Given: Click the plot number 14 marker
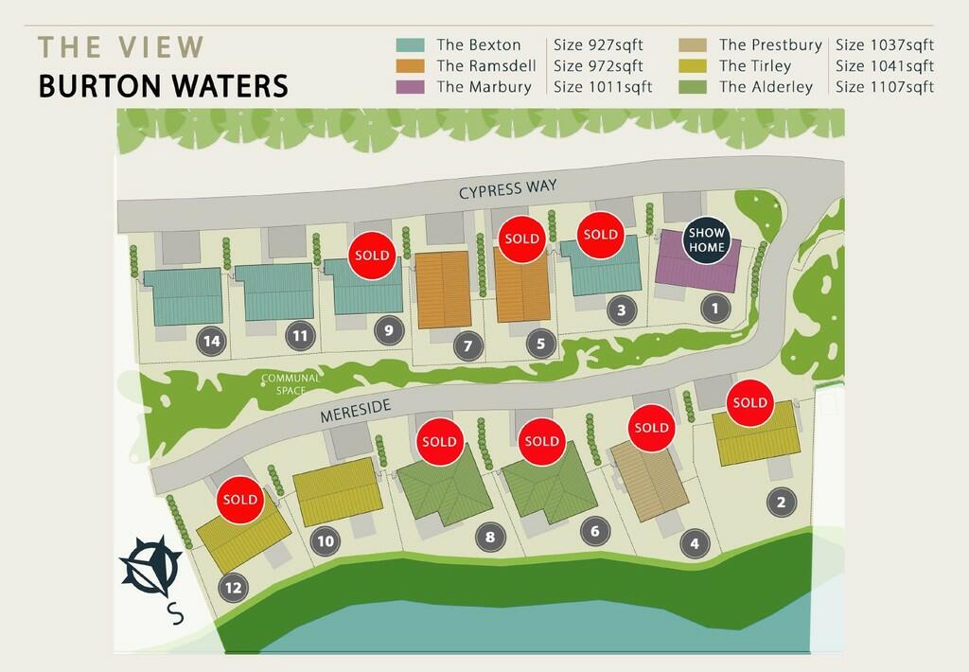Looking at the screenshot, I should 211,342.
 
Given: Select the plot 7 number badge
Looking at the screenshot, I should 467,346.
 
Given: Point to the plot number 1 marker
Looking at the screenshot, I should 715,308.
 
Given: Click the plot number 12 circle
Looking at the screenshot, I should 234,588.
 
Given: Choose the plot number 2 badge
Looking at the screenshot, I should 781,503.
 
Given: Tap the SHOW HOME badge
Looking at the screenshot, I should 707,240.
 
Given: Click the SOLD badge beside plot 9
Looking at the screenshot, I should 372,256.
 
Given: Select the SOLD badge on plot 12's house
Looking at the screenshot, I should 240,500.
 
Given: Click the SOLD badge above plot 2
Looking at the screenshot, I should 749,403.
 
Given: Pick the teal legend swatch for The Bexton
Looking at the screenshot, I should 410,45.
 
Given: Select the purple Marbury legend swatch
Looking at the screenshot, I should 410,87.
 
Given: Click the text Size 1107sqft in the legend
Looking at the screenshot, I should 885,87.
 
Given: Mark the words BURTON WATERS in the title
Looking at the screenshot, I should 163,86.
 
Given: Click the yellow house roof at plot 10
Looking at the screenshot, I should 337,489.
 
